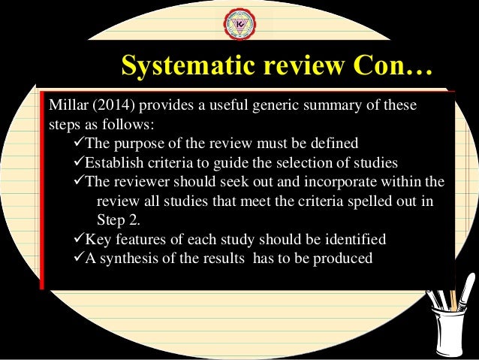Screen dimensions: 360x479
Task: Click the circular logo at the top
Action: [x=239, y=23]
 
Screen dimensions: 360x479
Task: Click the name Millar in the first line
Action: [x=66, y=104]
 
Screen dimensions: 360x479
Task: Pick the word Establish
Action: [x=109, y=162]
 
